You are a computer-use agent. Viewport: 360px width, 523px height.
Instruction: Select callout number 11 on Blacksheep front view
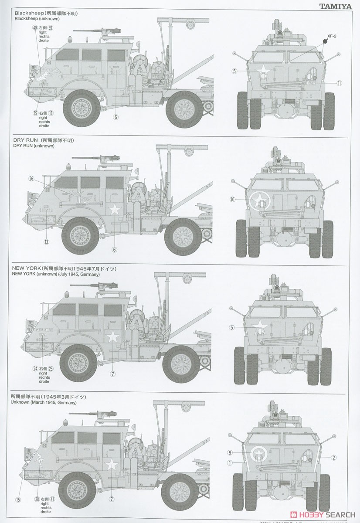click(x=339, y=83)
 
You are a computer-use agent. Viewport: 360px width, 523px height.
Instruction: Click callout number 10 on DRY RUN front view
click(x=232, y=199)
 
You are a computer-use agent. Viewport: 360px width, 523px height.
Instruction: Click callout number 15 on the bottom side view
click(x=18, y=499)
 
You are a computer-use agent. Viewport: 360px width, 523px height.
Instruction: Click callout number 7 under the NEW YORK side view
click(x=112, y=374)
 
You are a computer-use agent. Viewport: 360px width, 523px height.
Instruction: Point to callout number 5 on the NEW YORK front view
click(x=232, y=327)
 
